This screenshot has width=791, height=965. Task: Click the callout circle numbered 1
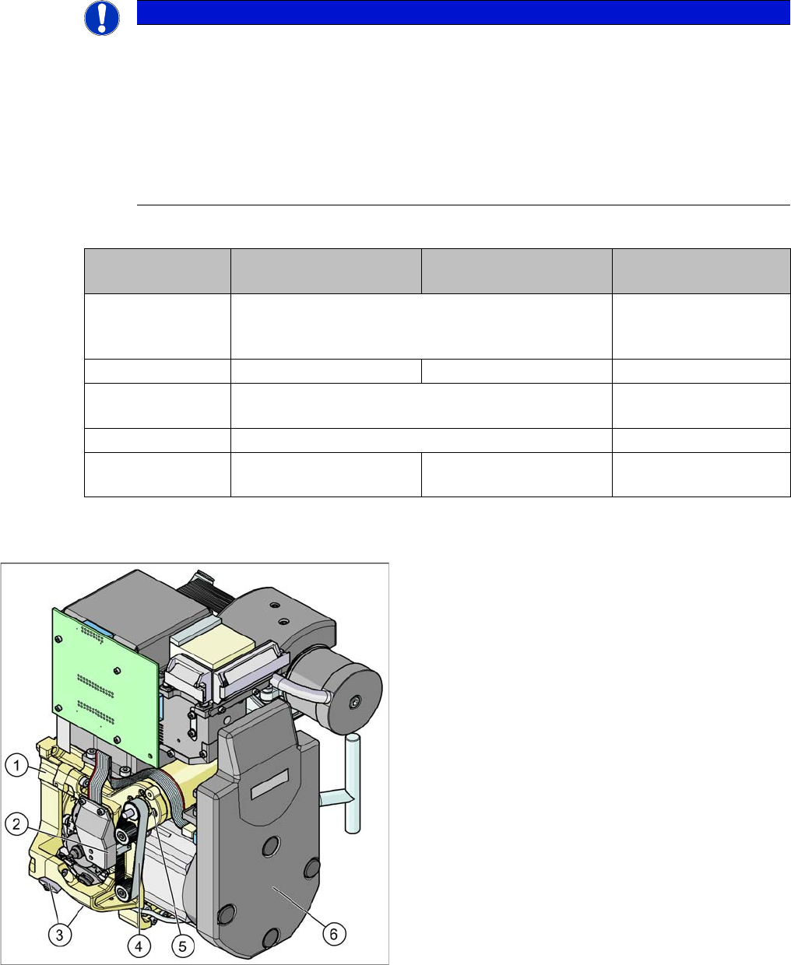click(x=17, y=765)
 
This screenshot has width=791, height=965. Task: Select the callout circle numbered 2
click(x=17, y=824)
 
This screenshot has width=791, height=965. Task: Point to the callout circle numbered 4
click(x=139, y=946)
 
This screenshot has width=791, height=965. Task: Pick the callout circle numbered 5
click(x=182, y=946)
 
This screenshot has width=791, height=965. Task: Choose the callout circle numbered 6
click(x=333, y=933)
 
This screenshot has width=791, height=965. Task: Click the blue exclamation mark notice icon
click(x=102, y=19)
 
